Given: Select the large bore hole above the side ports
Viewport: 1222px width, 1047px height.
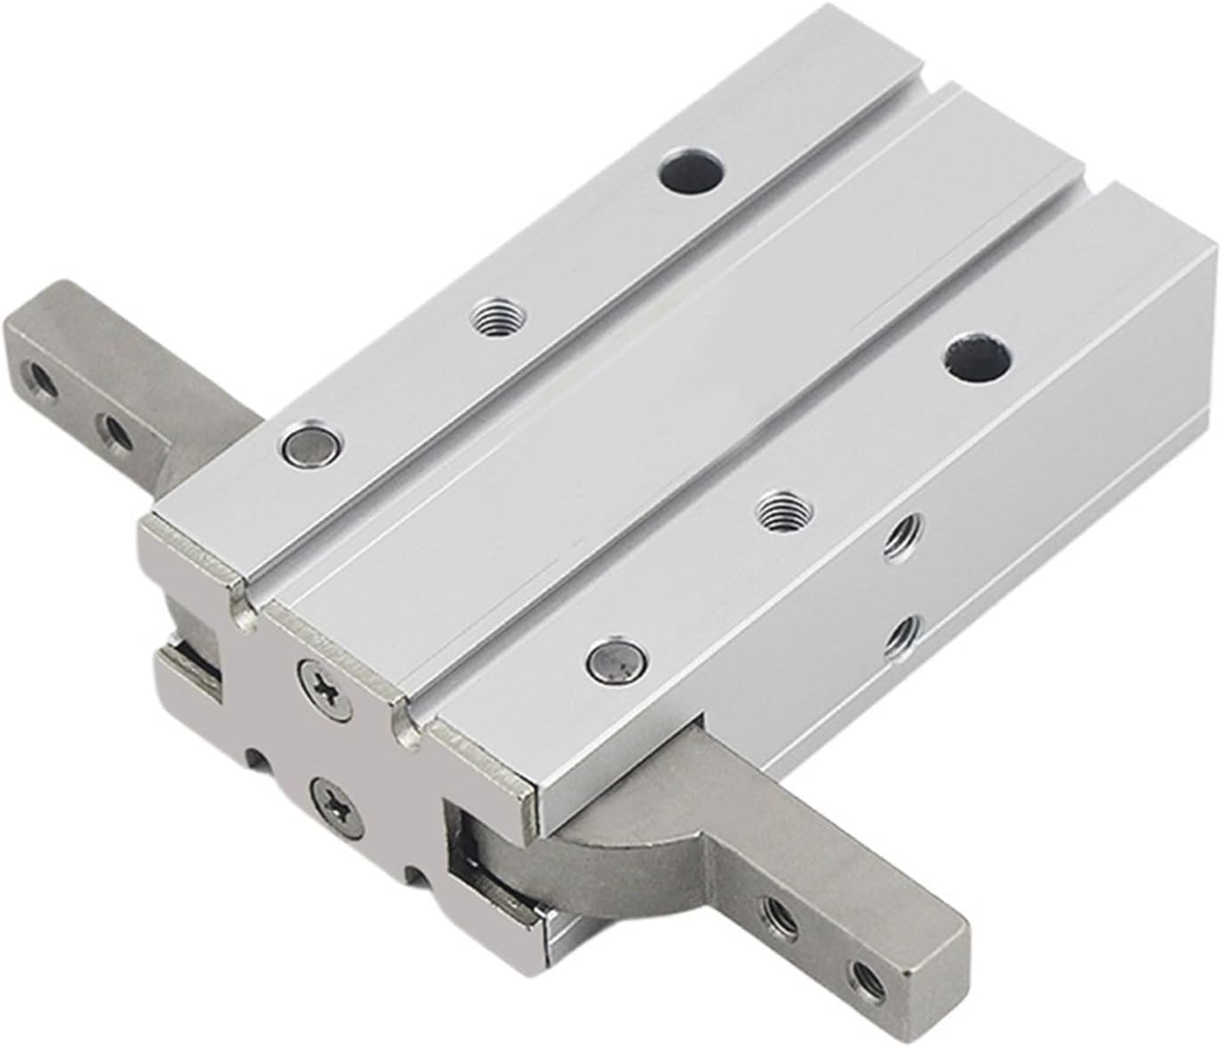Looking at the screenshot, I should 979,356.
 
